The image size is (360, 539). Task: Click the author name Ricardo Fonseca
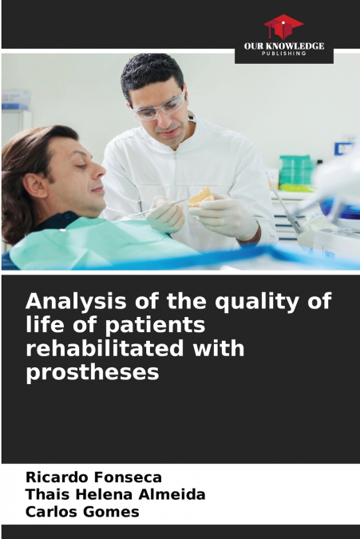point(93,478)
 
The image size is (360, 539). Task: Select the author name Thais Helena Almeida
point(115,495)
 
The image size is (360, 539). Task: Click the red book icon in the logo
point(283,26)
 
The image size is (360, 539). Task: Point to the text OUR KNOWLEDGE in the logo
point(284,46)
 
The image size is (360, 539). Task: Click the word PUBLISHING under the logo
point(284,54)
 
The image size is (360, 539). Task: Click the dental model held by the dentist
point(200,196)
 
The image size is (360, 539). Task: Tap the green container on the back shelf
point(296,169)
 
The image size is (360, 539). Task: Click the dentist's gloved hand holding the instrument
point(166,213)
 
